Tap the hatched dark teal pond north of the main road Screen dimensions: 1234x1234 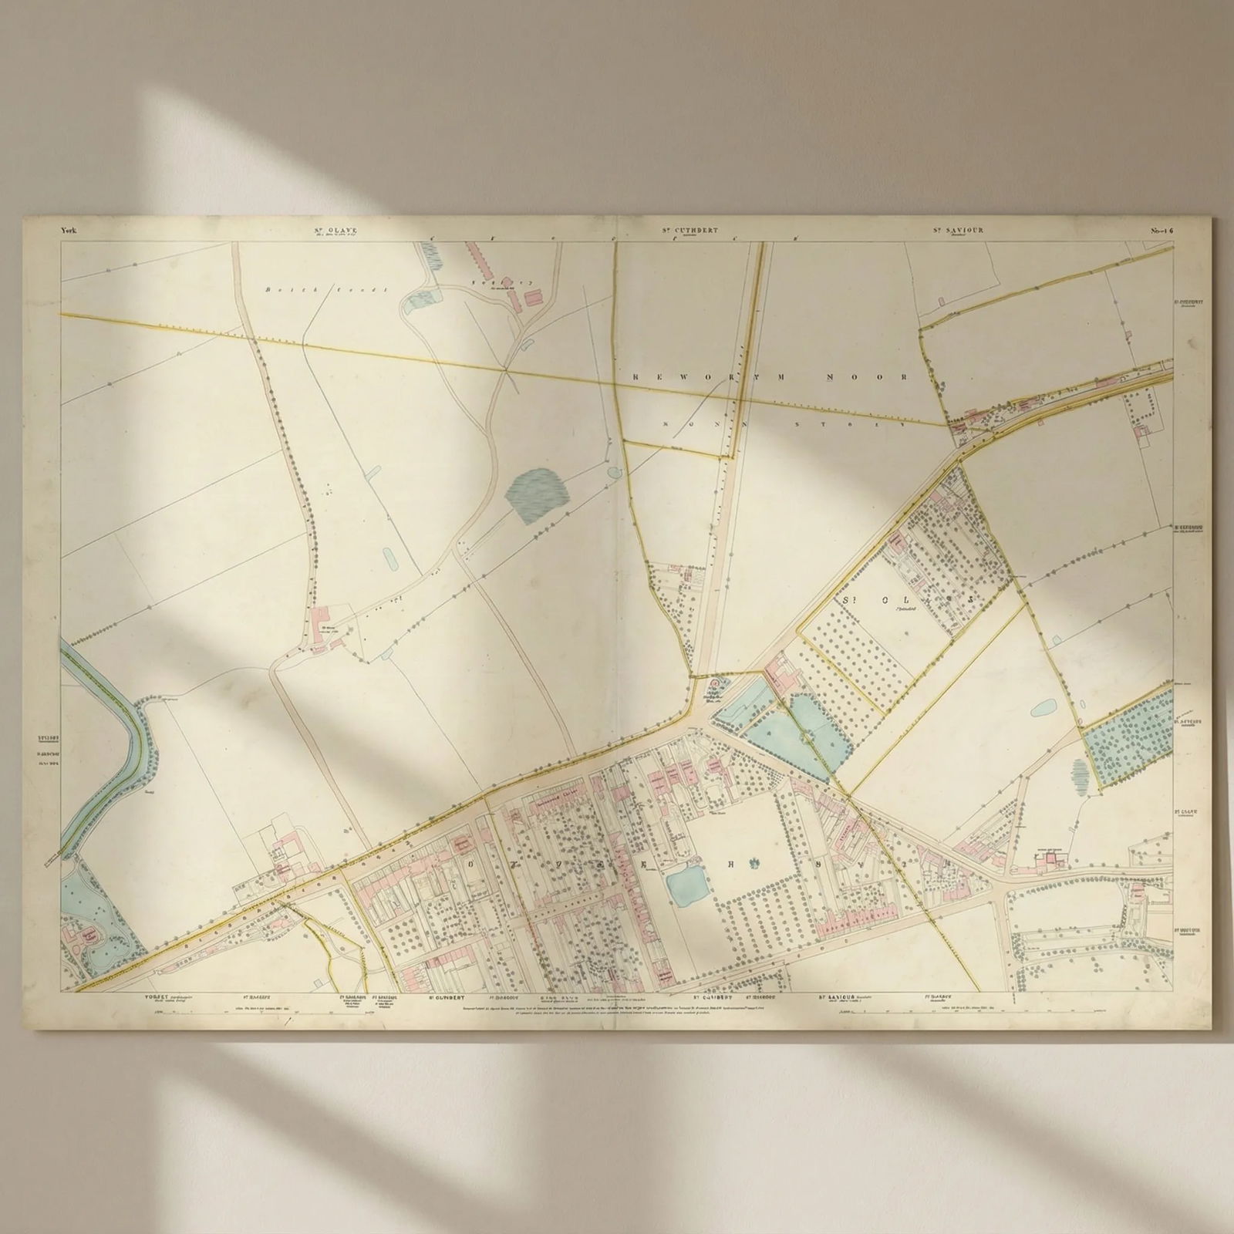[537, 497]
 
